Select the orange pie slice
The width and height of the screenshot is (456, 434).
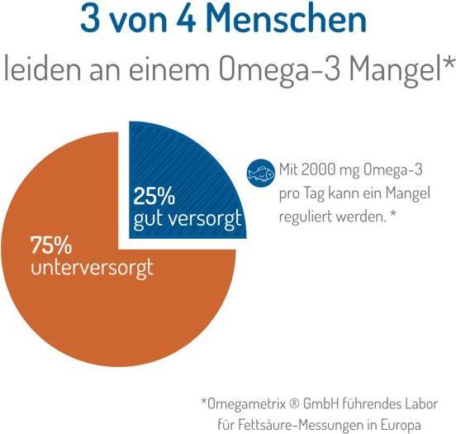107,281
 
